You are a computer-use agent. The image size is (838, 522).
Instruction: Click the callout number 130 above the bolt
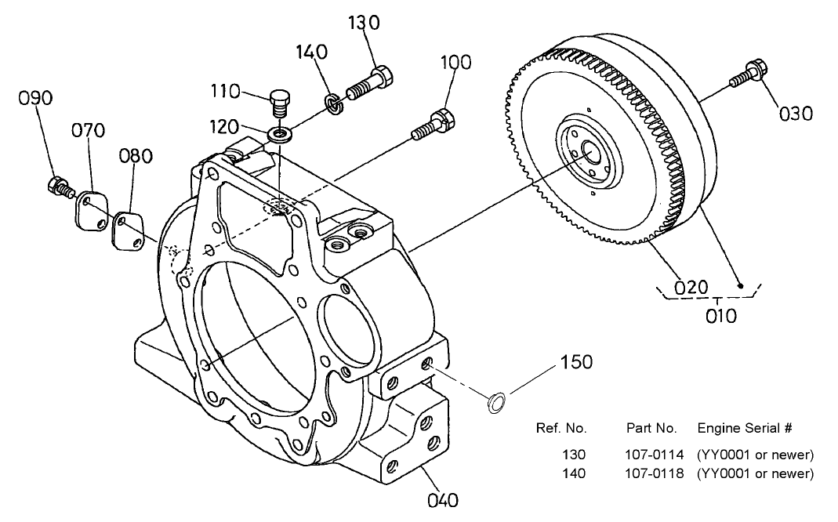[364, 24]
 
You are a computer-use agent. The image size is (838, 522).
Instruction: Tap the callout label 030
[796, 114]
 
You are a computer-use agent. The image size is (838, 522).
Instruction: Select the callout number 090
[36, 99]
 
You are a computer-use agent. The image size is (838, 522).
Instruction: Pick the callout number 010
[720, 316]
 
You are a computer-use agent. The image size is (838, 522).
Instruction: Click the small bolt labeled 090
[57, 187]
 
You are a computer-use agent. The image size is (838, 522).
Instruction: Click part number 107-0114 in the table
[655, 455]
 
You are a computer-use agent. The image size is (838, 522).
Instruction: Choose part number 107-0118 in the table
[655, 473]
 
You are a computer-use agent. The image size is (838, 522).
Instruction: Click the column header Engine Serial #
[745, 429]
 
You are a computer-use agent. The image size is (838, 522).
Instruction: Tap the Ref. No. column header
[561, 429]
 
